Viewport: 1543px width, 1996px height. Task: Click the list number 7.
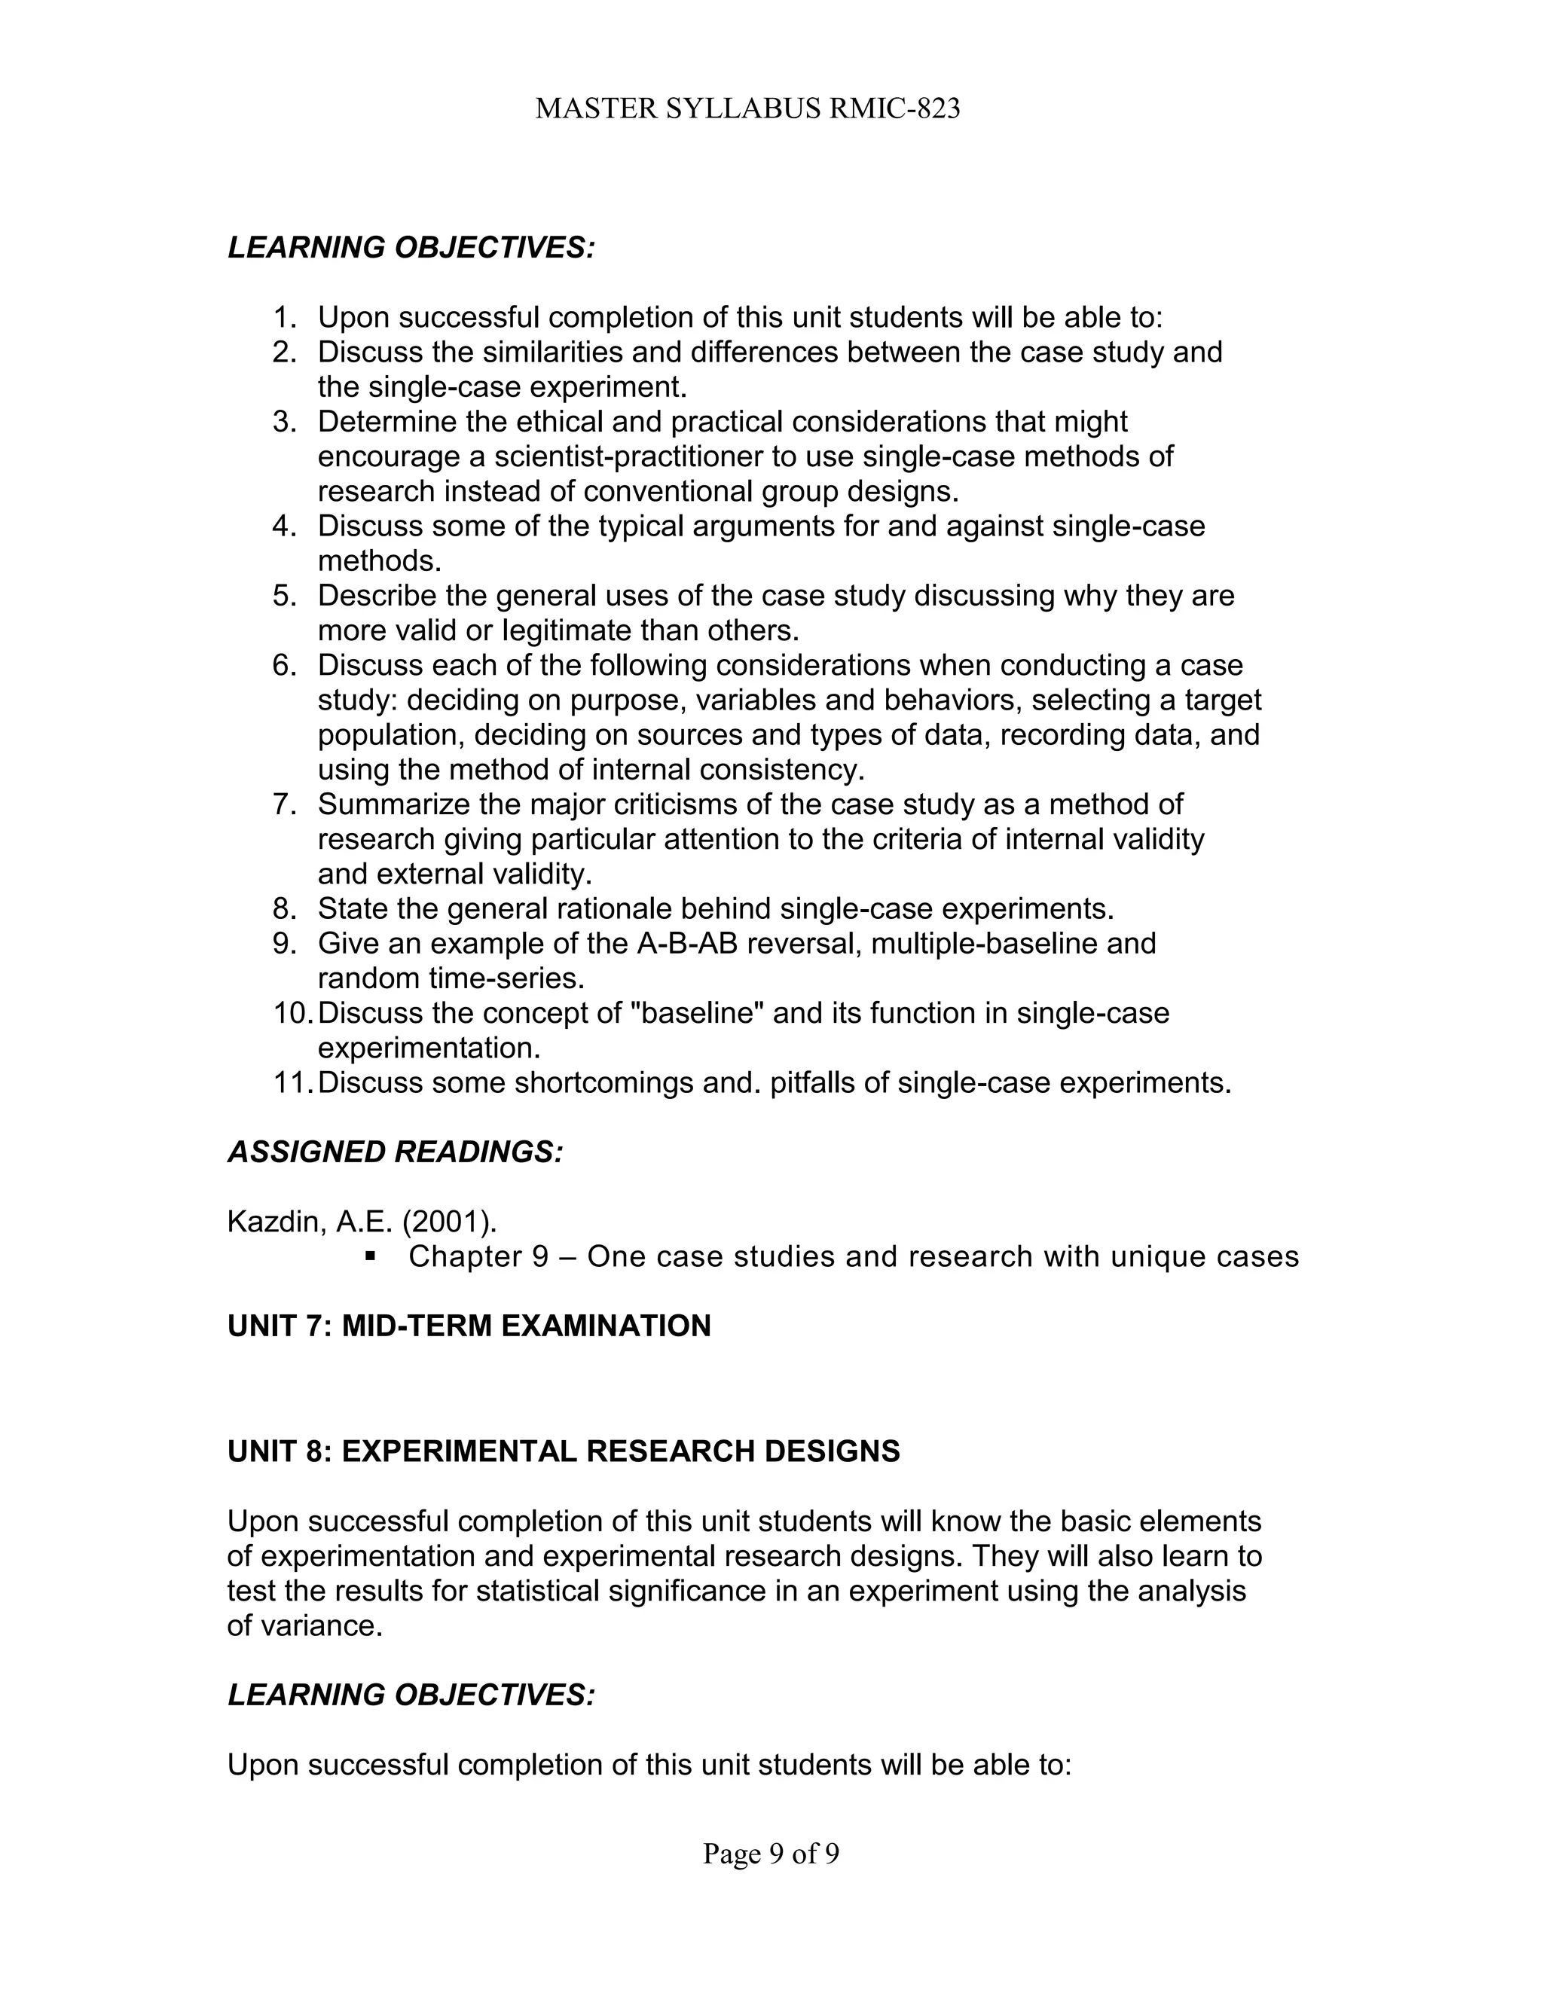coord(283,804)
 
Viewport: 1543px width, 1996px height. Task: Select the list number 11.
coord(291,1083)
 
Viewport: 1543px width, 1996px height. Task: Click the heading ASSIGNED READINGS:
coord(395,1152)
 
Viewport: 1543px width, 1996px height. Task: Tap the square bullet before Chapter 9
coord(370,1256)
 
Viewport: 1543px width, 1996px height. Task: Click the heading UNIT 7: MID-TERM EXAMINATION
coord(468,1326)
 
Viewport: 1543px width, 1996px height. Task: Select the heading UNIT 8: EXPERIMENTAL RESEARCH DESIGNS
coord(563,1451)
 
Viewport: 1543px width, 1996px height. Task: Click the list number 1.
coord(283,318)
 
